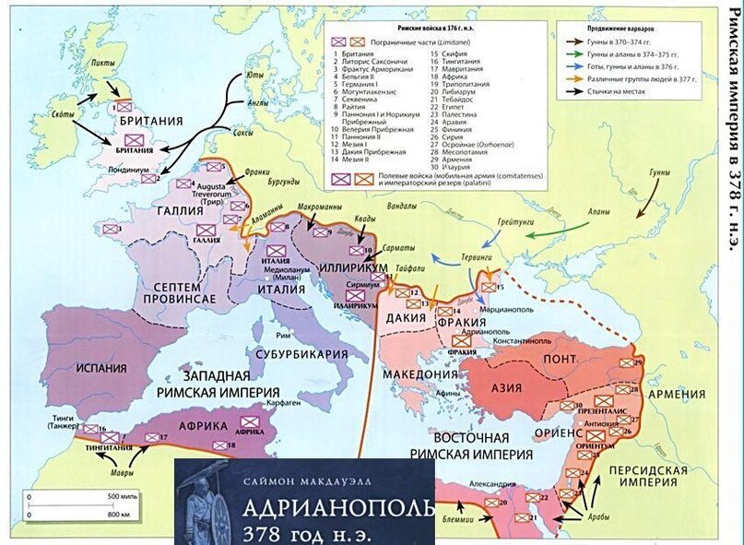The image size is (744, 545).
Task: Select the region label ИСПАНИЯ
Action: pos(95,367)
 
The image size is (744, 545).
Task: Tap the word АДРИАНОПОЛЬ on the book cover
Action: pos(337,511)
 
